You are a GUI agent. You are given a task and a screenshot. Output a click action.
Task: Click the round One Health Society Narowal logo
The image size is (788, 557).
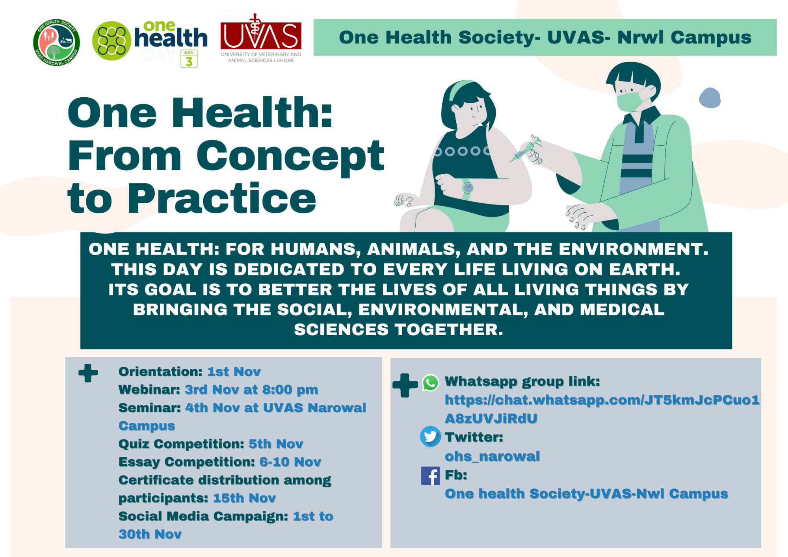tap(56, 43)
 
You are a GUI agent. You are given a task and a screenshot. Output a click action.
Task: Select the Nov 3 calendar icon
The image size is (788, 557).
tap(189, 59)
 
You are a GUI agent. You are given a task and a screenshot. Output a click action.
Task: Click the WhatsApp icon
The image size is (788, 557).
tap(430, 382)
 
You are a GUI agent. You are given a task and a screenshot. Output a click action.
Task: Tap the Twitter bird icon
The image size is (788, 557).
tap(430, 436)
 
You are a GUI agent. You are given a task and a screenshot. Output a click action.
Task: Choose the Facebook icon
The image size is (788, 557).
tap(430, 475)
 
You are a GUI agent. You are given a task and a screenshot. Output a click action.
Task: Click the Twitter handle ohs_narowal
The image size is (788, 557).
tap(492, 456)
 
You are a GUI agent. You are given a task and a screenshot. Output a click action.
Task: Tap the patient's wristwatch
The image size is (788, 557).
tap(468, 188)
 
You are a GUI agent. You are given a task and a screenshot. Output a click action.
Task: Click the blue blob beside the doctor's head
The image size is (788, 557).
tap(710, 98)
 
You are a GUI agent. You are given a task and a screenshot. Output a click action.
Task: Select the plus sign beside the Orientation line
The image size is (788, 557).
tap(88, 373)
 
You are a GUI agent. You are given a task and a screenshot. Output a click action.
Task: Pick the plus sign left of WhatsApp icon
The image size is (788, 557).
tap(405, 385)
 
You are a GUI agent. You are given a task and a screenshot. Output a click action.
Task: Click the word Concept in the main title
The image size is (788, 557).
tap(290, 156)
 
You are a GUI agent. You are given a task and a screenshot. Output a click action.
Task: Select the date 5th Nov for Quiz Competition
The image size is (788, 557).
tap(276, 444)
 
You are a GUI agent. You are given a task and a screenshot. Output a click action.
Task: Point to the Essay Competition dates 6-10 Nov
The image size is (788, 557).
tap(290, 462)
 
